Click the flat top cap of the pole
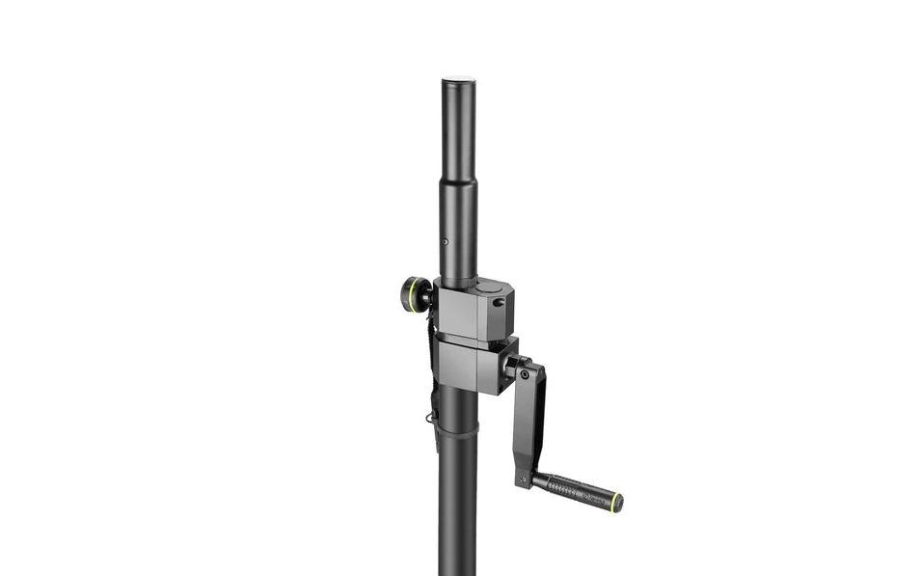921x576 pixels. pyautogui.click(x=459, y=81)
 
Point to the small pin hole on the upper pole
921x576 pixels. pyautogui.click(x=445, y=242)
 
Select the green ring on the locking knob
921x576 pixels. pyautogui.click(x=420, y=294)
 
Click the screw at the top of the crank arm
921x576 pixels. pyautogui.click(x=524, y=373)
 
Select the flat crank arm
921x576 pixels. pyautogui.click(x=530, y=420)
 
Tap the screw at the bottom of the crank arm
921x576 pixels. pyautogui.click(x=525, y=479)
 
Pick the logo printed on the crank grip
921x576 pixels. pyautogui.click(x=592, y=495)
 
